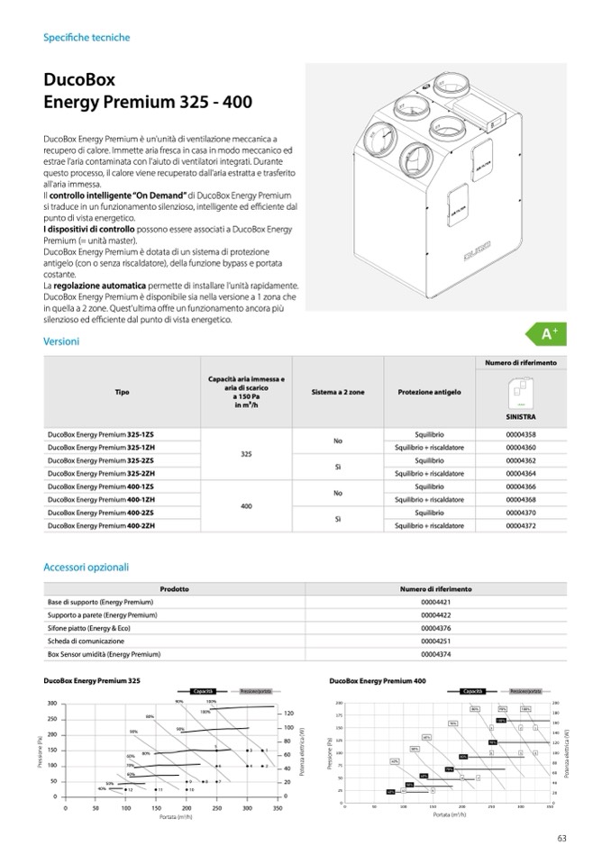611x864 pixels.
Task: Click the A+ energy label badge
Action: pyautogui.click(x=549, y=335)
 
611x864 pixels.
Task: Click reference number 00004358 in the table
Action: pyautogui.click(x=521, y=434)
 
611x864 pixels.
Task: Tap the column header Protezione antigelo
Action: pyautogui.click(x=429, y=393)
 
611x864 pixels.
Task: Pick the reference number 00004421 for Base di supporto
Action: pyautogui.click(x=435, y=603)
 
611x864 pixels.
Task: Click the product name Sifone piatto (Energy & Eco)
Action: pyautogui.click(x=92, y=628)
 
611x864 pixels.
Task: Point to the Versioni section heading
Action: pyautogui.click(x=61, y=341)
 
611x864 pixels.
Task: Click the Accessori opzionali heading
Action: pyautogui.click(x=87, y=568)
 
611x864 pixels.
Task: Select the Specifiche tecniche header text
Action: pyautogui.click(x=87, y=38)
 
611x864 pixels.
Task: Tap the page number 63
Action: pyautogui.click(x=561, y=839)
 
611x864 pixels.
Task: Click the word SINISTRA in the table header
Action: pyautogui.click(x=521, y=418)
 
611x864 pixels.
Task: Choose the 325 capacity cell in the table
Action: pyautogui.click(x=245, y=454)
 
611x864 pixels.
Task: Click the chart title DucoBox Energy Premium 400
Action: pyautogui.click(x=378, y=682)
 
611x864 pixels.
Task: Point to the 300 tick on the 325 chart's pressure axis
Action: pyautogui.click(x=52, y=704)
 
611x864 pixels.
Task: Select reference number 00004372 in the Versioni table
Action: pyautogui.click(x=521, y=525)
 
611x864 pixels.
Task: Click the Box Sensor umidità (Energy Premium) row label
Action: pyautogui.click(x=104, y=654)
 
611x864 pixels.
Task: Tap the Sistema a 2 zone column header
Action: pyautogui.click(x=338, y=393)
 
